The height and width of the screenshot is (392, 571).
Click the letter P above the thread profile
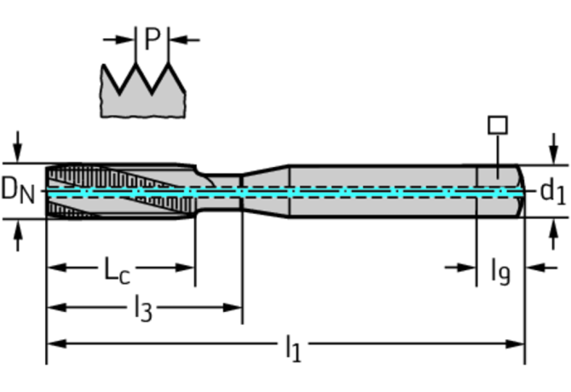coord(153,38)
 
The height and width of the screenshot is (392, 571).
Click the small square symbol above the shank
coord(497,125)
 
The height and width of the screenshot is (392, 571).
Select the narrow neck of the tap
coord(220,191)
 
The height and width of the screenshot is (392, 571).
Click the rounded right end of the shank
coord(518,191)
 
